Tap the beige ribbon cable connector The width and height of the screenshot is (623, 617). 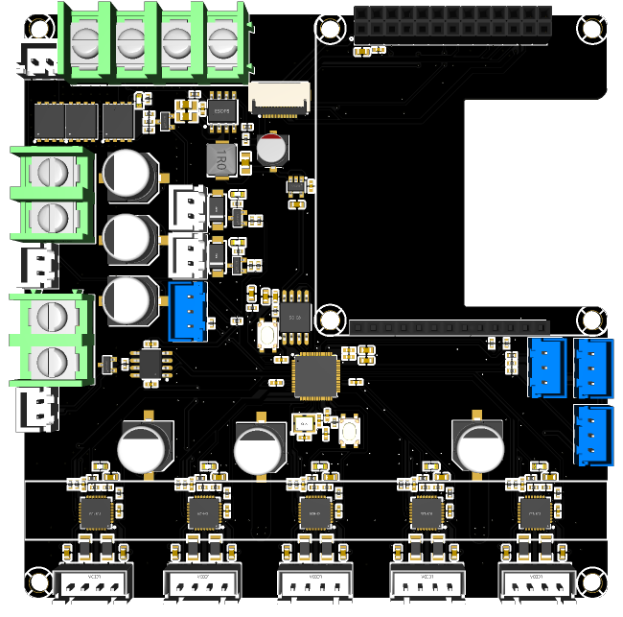point(280,98)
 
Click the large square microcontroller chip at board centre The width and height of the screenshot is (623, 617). point(315,375)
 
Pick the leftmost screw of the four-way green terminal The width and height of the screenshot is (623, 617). point(86,41)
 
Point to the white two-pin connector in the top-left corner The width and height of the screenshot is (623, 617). point(39,60)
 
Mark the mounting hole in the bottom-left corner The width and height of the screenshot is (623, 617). point(36,581)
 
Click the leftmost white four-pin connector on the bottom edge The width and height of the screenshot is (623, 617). point(94,582)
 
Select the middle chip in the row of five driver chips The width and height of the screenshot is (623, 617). point(315,510)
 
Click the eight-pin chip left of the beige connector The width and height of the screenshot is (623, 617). point(223,107)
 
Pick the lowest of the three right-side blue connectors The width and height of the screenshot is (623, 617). point(593,434)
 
